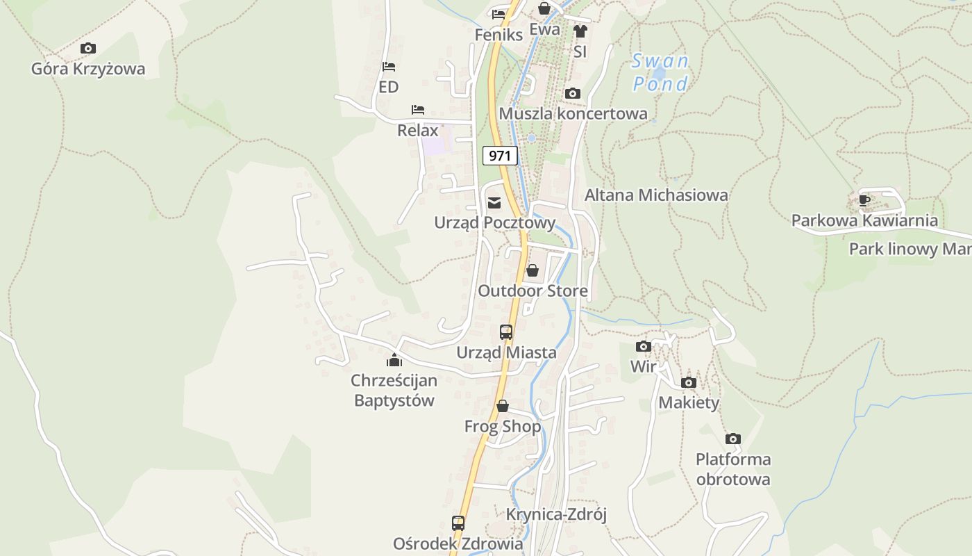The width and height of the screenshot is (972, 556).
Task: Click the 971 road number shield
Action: tap(500, 155)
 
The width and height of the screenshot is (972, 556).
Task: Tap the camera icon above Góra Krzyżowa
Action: tap(88, 48)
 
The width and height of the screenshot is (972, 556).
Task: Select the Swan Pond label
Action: tap(660, 72)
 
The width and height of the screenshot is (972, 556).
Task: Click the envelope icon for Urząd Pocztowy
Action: tap(494, 203)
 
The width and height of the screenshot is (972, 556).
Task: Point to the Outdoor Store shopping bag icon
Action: tap(532, 270)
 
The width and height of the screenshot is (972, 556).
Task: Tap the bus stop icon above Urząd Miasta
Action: tap(506, 332)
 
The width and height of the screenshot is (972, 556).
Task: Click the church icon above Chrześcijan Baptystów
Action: tap(394, 360)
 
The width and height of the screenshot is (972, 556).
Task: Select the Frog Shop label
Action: tap(503, 426)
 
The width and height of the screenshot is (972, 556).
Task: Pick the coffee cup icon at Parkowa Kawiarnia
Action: tap(864, 201)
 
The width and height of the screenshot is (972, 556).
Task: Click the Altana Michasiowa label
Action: tap(656, 195)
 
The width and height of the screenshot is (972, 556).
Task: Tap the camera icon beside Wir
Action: tap(644, 346)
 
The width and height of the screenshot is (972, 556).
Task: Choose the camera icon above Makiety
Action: tap(689, 382)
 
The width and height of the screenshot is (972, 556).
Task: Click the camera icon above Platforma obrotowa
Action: tap(733, 439)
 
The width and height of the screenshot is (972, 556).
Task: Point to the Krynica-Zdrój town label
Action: tap(556, 514)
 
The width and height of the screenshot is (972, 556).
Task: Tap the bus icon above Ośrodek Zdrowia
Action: tap(458, 523)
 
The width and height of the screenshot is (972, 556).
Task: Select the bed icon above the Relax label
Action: tap(418, 110)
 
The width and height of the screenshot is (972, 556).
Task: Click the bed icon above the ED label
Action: tap(389, 67)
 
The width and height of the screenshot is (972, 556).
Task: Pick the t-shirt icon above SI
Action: tap(580, 31)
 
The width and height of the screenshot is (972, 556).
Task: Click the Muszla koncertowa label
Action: tap(573, 113)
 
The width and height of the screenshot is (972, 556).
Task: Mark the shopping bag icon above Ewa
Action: tap(544, 9)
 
